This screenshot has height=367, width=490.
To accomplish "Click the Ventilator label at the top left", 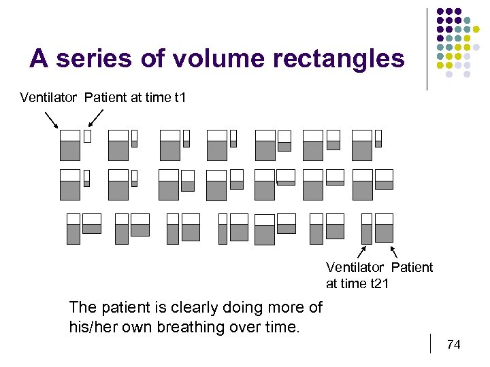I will tap(48, 97).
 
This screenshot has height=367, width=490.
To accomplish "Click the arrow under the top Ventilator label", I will tap(51, 119).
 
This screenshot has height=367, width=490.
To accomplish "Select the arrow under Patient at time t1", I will tap(96, 118).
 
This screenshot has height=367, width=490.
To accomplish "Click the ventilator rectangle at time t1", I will tap(69, 145).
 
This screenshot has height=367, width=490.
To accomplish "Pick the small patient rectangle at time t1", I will tap(87, 136).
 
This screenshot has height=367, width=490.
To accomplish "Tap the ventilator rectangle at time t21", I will tap(367, 228).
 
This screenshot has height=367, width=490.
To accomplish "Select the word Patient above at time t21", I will tap(412, 267).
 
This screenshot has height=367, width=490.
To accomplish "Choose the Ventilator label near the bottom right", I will tap(355, 267).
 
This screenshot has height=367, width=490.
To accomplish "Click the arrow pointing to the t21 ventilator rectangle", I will tap(363, 252).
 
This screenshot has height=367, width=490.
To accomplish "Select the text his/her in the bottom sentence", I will tap(94, 327).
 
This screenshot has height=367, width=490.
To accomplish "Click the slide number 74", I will tap(453, 345).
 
